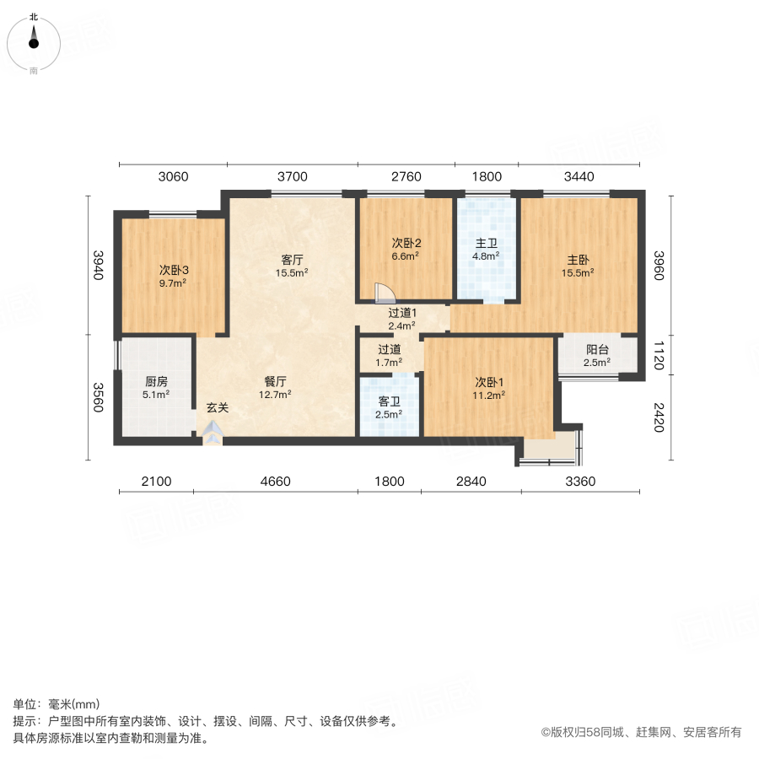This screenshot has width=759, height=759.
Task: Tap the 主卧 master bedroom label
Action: point(578,260)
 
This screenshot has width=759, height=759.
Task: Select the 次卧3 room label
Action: point(174,271)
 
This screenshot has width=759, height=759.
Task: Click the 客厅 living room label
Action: point(293,260)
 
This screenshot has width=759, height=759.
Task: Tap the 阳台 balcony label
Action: point(598,350)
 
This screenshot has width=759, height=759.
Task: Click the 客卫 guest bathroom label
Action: point(389,401)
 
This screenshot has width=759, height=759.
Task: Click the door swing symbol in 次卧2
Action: point(384,292)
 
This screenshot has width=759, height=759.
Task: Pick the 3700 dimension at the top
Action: point(293,177)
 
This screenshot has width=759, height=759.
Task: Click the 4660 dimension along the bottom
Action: point(275,482)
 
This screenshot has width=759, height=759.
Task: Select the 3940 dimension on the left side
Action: point(99,266)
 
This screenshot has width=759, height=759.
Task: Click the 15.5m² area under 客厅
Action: point(293,272)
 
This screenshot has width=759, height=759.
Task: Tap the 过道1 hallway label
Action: point(401,313)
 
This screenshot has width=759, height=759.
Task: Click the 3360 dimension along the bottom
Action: point(580,482)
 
